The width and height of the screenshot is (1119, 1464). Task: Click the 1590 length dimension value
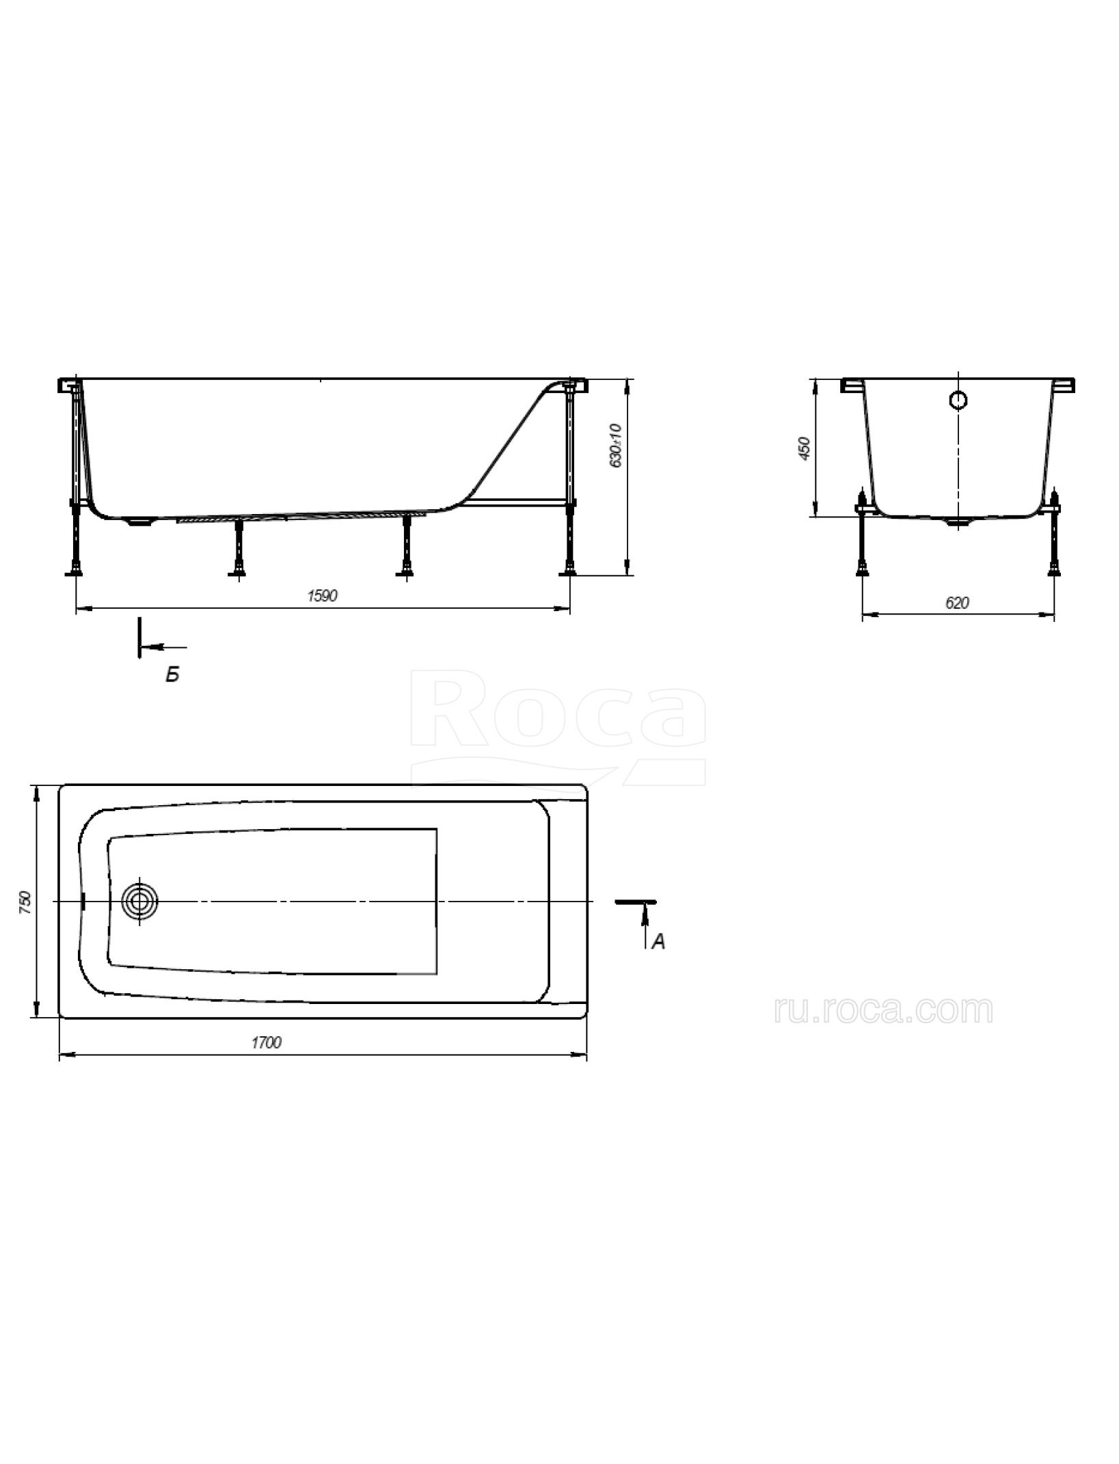click(323, 596)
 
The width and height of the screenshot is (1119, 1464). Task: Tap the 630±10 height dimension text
click(616, 445)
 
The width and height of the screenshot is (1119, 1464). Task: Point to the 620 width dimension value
click(958, 603)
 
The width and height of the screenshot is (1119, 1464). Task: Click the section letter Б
click(172, 675)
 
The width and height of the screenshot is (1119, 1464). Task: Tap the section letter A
click(658, 942)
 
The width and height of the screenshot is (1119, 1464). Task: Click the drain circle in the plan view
click(140, 902)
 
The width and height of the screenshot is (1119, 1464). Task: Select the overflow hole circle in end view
click(959, 400)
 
